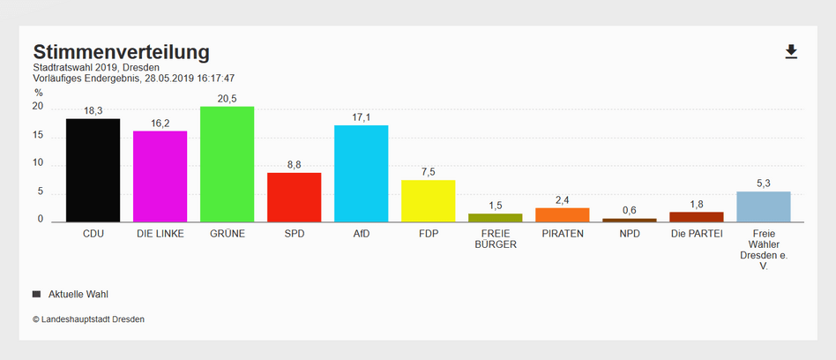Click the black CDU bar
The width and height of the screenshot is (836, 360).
(93, 170)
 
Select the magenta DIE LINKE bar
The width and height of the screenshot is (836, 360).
(160, 176)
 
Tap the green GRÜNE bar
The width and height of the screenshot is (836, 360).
(227, 164)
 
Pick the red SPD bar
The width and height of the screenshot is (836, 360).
(294, 197)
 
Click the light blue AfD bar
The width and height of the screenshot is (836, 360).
(361, 174)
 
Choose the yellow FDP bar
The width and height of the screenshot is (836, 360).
(428, 201)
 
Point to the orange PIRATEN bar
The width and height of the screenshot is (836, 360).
(562, 215)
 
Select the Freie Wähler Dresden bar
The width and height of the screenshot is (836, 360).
(763, 206)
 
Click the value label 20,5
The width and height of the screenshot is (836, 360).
(227, 99)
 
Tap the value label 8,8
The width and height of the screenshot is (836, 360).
(294, 164)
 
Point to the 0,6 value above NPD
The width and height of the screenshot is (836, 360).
(629, 210)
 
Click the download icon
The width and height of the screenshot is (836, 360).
(791, 52)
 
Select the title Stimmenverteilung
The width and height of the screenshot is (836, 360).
(121, 51)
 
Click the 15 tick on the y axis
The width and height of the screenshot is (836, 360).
(38, 135)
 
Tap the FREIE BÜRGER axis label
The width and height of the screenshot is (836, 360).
(495, 239)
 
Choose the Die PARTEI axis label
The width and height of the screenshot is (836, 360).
(696, 234)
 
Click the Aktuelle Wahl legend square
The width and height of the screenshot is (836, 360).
(36, 294)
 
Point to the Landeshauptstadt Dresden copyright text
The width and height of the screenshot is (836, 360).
(88, 319)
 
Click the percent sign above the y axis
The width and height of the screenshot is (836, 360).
(38, 92)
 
